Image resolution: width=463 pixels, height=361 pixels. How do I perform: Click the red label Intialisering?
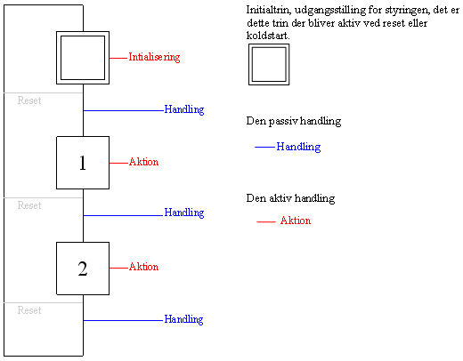coord(154,57)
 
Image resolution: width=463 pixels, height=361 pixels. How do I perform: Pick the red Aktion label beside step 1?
coord(143,162)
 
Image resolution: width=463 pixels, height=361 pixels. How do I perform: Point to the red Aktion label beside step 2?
coord(143,267)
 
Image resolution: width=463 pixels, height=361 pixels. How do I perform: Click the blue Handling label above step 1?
coord(184,109)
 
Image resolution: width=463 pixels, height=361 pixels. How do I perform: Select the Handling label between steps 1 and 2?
coord(184,213)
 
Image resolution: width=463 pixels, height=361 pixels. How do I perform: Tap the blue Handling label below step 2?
coord(183,319)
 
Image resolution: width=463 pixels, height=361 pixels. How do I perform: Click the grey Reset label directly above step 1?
coord(29,100)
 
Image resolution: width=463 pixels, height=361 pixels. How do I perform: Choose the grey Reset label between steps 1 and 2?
coord(29,205)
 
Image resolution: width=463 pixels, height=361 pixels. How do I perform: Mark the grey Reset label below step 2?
coord(29,310)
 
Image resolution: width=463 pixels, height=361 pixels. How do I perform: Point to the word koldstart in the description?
coord(268,36)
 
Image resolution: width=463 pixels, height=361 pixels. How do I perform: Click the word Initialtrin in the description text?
coord(269,10)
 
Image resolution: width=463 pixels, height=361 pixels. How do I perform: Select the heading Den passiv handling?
coord(294,121)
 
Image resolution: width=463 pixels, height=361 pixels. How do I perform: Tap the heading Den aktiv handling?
coord(290,198)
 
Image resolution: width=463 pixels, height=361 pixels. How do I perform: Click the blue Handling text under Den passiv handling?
coord(298,147)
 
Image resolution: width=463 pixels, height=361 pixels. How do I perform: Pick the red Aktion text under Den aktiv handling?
coord(296,221)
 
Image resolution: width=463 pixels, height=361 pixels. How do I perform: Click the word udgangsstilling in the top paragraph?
coord(330,11)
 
